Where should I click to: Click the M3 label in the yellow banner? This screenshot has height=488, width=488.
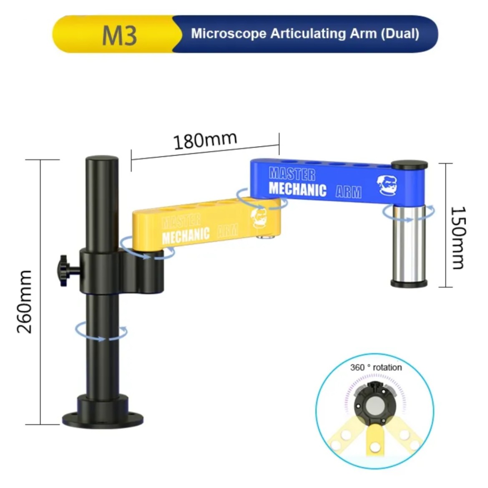click(x=119, y=35)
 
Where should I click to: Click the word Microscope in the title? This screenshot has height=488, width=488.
click(x=229, y=33)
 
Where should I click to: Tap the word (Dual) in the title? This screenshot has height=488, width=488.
click(x=400, y=33)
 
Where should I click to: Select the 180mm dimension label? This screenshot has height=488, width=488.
click(x=205, y=141)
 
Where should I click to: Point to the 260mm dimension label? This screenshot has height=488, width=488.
click(x=25, y=301)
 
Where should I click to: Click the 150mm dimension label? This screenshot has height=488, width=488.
click(x=458, y=238)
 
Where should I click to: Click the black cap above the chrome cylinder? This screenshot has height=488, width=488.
click(x=410, y=164)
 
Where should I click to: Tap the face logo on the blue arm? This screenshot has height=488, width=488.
click(x=387, y=185)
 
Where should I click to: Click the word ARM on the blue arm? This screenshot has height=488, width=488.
click(x=348, y=192)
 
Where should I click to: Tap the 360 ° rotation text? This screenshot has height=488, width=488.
click(x=376, y=367)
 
